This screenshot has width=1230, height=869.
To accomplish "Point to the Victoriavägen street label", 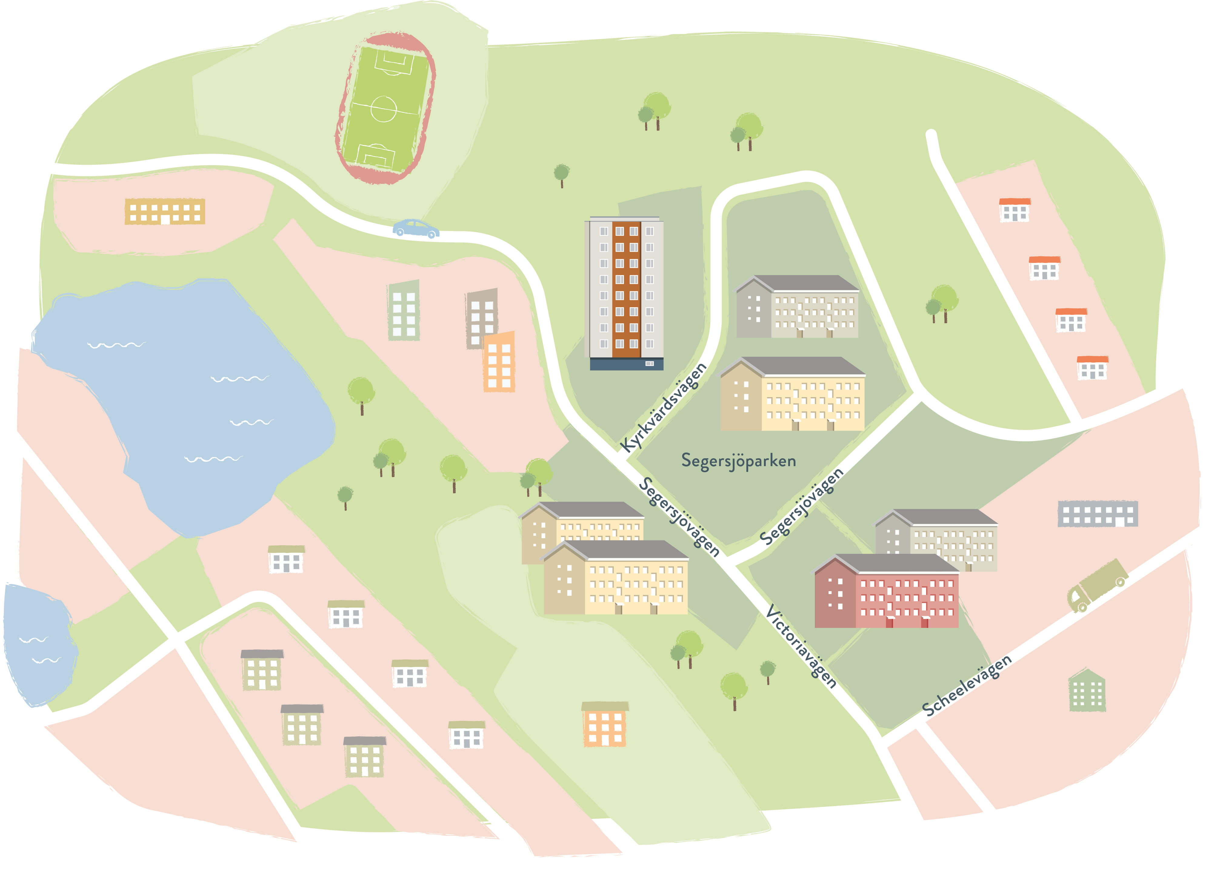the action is [801, 647].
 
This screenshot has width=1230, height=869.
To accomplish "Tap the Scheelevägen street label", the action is [967, 685].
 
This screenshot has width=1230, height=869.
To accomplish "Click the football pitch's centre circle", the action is [384, 109].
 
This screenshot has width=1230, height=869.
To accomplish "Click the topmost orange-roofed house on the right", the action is [1015, 210].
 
